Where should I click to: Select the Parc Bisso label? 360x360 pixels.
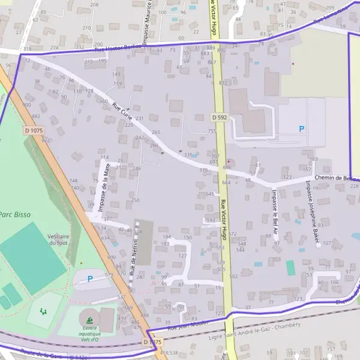coord(14,214)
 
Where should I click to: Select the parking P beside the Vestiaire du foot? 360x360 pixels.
coord(90,278)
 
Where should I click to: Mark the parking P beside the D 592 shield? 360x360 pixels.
coord(301,128)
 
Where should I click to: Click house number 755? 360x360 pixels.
coord(211,131)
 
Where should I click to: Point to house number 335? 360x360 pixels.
coord(188,155)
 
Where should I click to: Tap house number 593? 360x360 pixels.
coord(211,221)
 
